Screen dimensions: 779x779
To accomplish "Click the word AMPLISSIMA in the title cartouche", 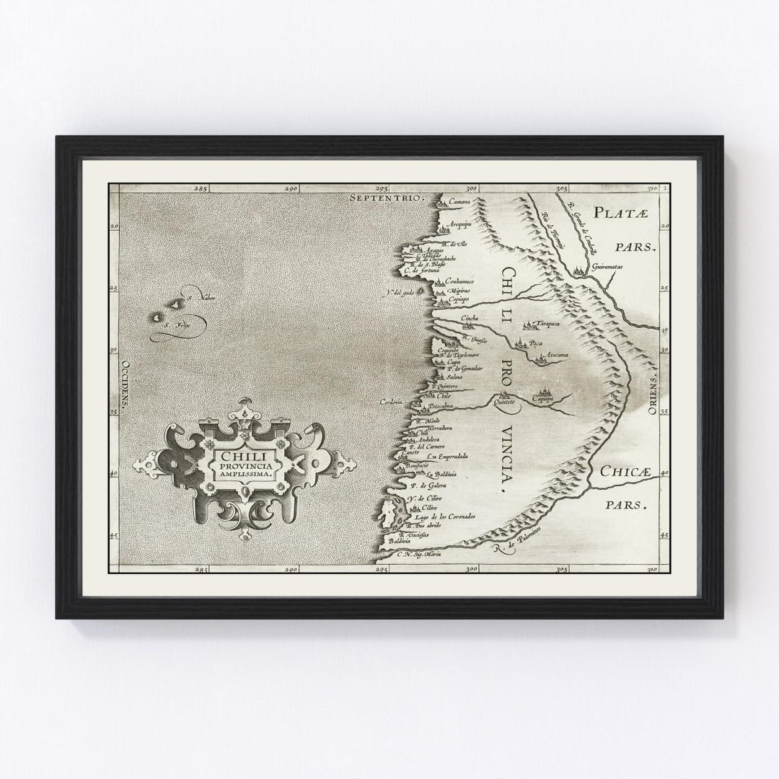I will coord(244,477).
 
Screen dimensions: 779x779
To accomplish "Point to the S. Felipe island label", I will coord(172,326).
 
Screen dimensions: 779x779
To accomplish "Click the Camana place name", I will coord(459,201).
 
